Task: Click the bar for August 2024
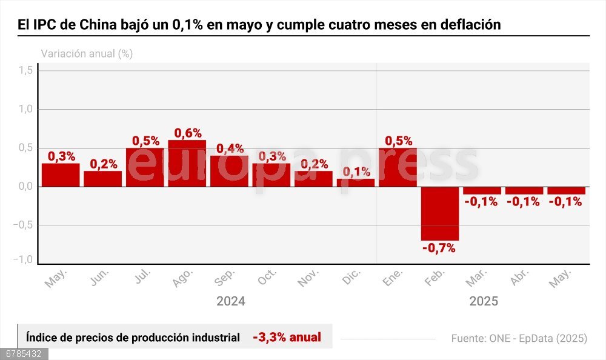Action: [x=187, y=164]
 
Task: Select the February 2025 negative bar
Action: [x=440, y=213]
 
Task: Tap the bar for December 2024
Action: [x=356, y=182]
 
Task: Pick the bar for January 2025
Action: [x=398, y=167]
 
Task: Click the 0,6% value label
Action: [x=188, y=133]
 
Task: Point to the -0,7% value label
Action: [x=440, y=247]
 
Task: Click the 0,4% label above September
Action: [x=230, y=148]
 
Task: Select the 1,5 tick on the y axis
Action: [x=25, y=71]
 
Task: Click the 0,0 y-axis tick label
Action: [x=25, y=187]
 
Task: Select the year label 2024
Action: [x=230, y=301]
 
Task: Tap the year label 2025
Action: [x=483, y=301]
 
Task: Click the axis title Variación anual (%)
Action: [x=87, y=53]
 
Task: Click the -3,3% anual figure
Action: [x=287, y=337]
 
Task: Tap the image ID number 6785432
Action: [x=24, y=353]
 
